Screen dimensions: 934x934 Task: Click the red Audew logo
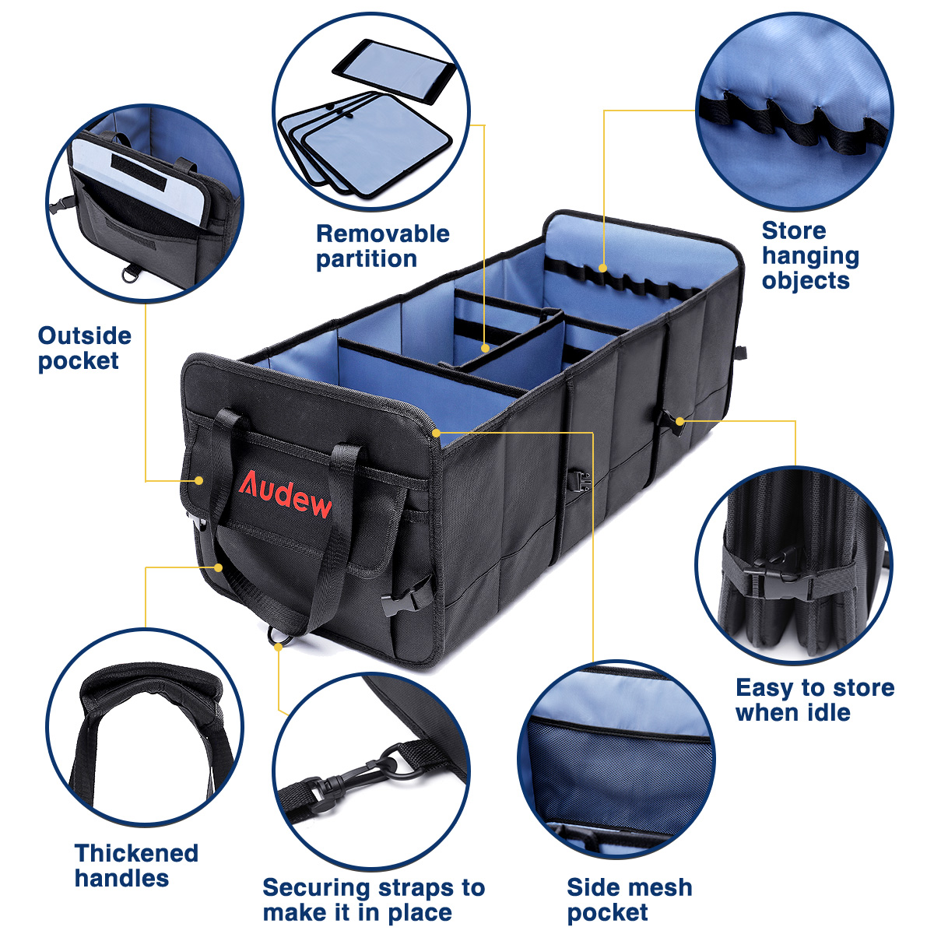(x=285, y=493)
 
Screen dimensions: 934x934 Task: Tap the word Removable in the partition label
(x=383, y=233)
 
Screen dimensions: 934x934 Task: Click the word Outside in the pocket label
(x=85, y=335)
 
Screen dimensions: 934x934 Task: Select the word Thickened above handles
(x=136, y=853)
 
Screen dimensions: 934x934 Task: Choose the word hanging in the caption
(x=810, y=256)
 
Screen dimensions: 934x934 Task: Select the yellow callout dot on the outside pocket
(x=198, y=480)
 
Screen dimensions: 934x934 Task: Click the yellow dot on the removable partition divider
(x=485, y=348)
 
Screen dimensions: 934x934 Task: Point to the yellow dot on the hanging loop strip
(x=602, y=268)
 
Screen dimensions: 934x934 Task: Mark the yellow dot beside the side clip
(x=679, y=421)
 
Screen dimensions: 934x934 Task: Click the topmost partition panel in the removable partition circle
(x=394, y=72)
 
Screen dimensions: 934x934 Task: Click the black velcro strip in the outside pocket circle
(x=139, y=173)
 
